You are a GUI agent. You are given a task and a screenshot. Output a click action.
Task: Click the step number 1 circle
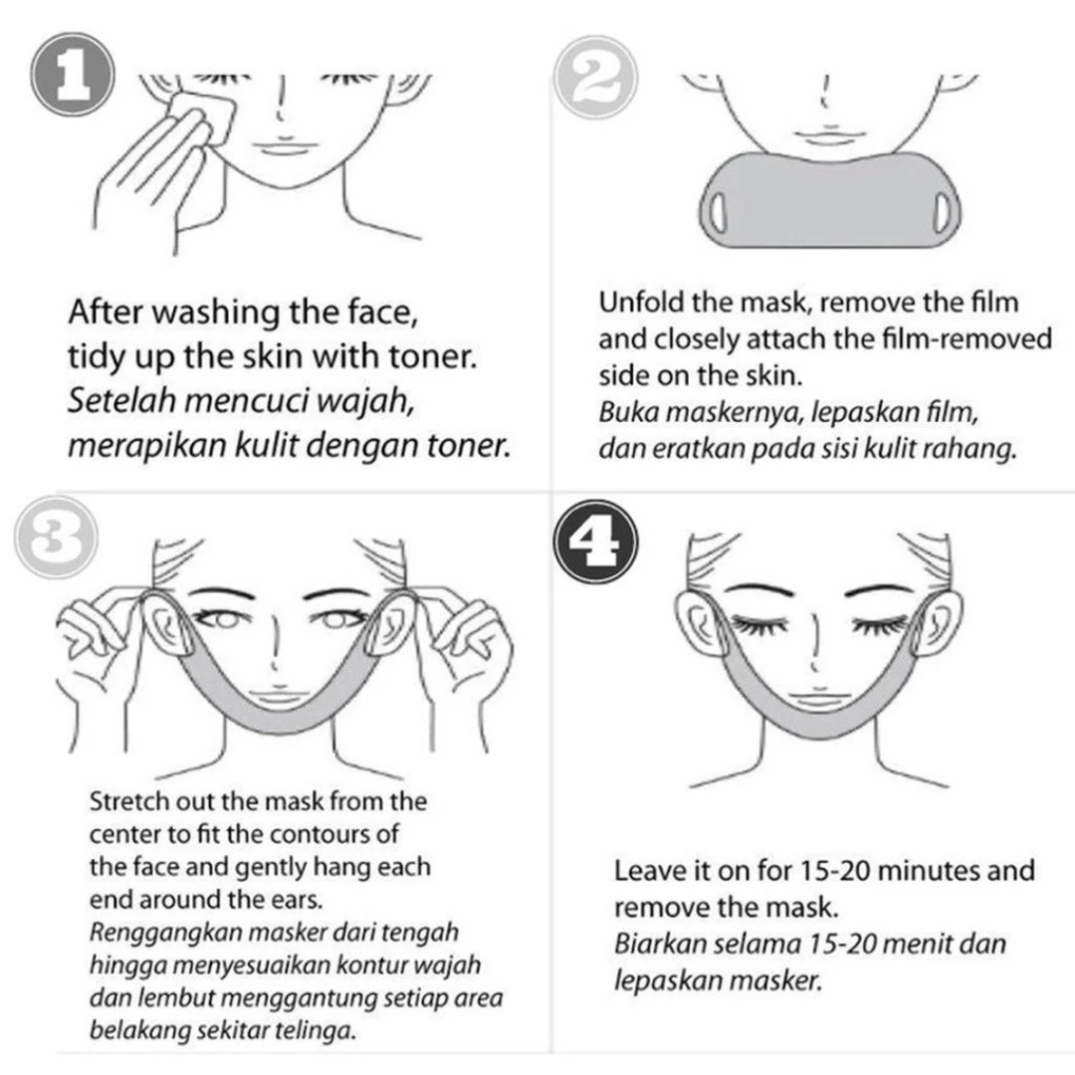(x=73, y=74)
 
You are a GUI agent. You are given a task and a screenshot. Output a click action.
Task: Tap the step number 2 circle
(x=596, y=78)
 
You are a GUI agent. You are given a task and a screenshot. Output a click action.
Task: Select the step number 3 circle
(x=56, y=537)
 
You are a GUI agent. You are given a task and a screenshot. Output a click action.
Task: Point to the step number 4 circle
(x=596, y=541)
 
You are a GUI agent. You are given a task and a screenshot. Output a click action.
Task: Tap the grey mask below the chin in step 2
(x=829, y=200)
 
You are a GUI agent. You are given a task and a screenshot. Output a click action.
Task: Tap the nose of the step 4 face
(x=814, y=644)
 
